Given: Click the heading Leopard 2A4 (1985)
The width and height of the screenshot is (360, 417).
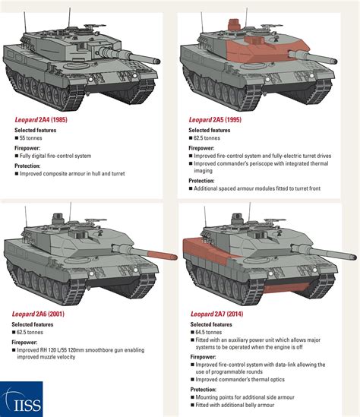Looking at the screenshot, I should point(43,120).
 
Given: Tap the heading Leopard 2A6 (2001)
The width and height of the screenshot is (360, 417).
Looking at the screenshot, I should point(43,312).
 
